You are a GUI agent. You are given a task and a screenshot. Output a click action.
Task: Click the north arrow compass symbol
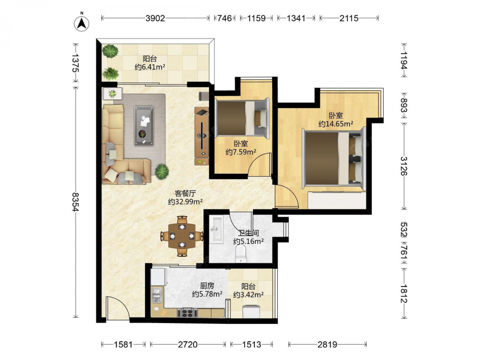pyautogui.click(x=82, y=23)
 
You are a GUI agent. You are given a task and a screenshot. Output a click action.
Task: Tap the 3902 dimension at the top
pyautogui.click(x=155, y=18)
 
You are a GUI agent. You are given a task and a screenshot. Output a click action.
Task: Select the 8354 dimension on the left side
pyautogui.click(x=75, y=202)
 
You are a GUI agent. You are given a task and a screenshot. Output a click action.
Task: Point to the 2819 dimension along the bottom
pyautogui.click(x=327, y=345)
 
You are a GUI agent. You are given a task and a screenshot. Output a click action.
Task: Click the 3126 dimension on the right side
pyautogui.click(x=404, y=166)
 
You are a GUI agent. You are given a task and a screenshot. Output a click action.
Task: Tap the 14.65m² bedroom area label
pyautogui.click(x=336, y=124)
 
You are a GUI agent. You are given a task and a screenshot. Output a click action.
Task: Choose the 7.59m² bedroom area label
pyautogui.click(x=241, y=152)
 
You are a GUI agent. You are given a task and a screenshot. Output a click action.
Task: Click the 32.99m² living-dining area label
pyautogui.click(x=185, y=202)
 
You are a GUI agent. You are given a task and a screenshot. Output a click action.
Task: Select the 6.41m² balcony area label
pyautogui.click(x=150, y=67)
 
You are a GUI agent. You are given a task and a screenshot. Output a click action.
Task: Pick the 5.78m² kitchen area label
pyautogui.click(x=207, y=294)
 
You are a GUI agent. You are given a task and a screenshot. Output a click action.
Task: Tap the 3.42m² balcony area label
pyautogui.click(x=249, y=295)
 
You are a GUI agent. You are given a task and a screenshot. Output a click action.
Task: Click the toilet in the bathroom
pyautogui.click(x=241, y=255)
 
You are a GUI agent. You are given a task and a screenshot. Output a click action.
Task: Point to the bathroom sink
pyautogui.click(x=217, y=229)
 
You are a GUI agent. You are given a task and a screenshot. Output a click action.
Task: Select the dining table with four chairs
pyautogui.click(x=182, y=236)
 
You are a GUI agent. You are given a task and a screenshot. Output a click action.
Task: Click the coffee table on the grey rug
pyautogui.click(x=144, y=125)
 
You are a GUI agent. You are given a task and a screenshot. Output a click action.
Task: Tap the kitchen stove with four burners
pyautogui.click(x=187, y=313)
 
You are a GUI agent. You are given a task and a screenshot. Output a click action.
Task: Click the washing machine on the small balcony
pyautogui.click(x=252, y=312)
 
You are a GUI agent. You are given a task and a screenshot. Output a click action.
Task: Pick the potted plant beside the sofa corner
pyautogui.click(x=162, y=171)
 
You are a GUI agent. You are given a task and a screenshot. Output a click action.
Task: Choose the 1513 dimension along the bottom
pyautogui.click(x=252, y=345)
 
